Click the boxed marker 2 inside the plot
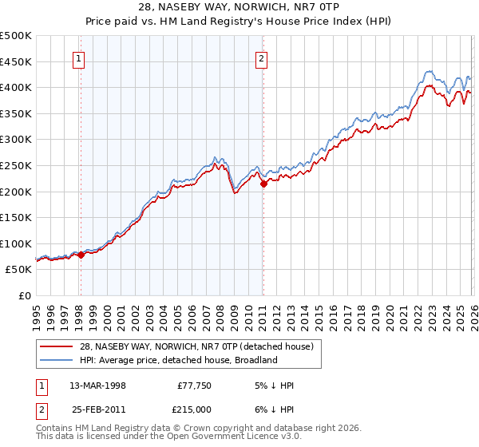coord(262,57)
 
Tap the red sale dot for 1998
coord(81,255)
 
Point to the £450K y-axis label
coord(16,61)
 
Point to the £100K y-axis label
coord(16,243)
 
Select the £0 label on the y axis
coord(26,295)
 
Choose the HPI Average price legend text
coord(177,360)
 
